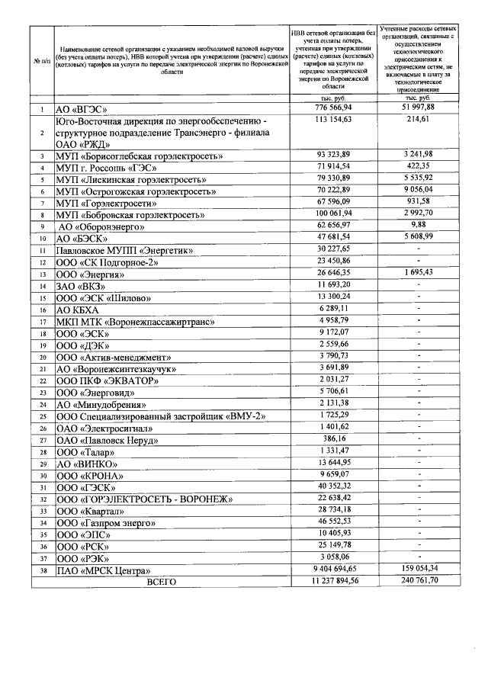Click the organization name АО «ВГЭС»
coord(83,110)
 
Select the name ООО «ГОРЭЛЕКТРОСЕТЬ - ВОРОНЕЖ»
coord(145,499)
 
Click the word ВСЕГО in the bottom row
coord(161,581)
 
